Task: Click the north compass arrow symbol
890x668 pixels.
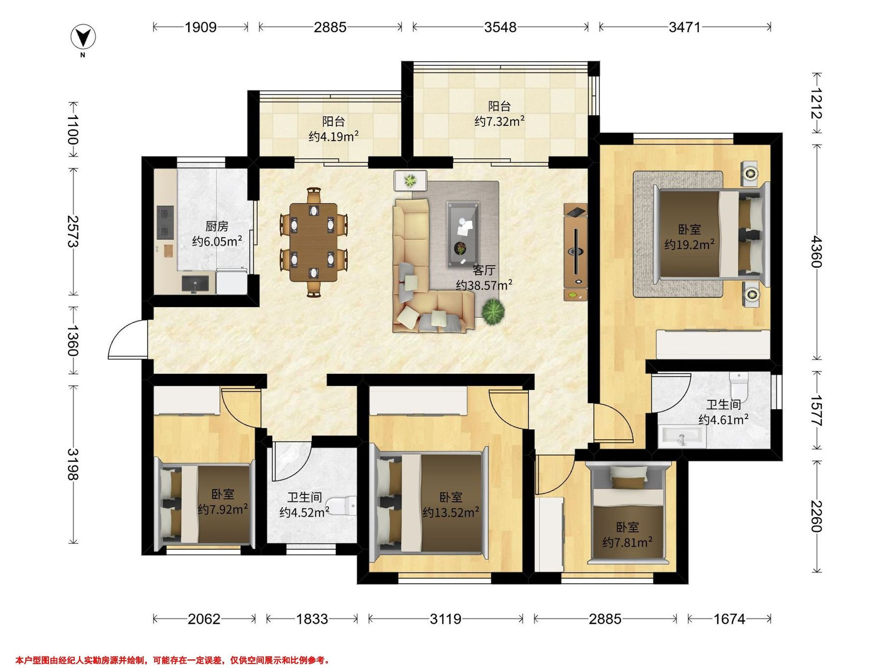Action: click(83, 38)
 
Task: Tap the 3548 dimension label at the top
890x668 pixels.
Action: click(500, 27)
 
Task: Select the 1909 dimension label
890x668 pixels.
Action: click(201, 27)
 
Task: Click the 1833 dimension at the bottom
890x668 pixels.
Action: click(312, 619)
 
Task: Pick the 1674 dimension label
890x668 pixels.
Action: click(729, 619)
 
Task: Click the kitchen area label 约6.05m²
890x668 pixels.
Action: click(217, 241)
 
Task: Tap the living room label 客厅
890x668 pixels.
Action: click(484, 270)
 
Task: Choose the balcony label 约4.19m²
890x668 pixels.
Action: click(333, 137)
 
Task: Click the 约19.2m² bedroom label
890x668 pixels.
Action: click(689, 245)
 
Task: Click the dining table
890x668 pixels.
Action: click(314, 242)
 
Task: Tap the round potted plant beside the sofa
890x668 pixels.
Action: click(493, 311)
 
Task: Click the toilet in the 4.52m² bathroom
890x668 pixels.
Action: click(341, 506)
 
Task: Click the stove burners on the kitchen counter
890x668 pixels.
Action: click(165, 221)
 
